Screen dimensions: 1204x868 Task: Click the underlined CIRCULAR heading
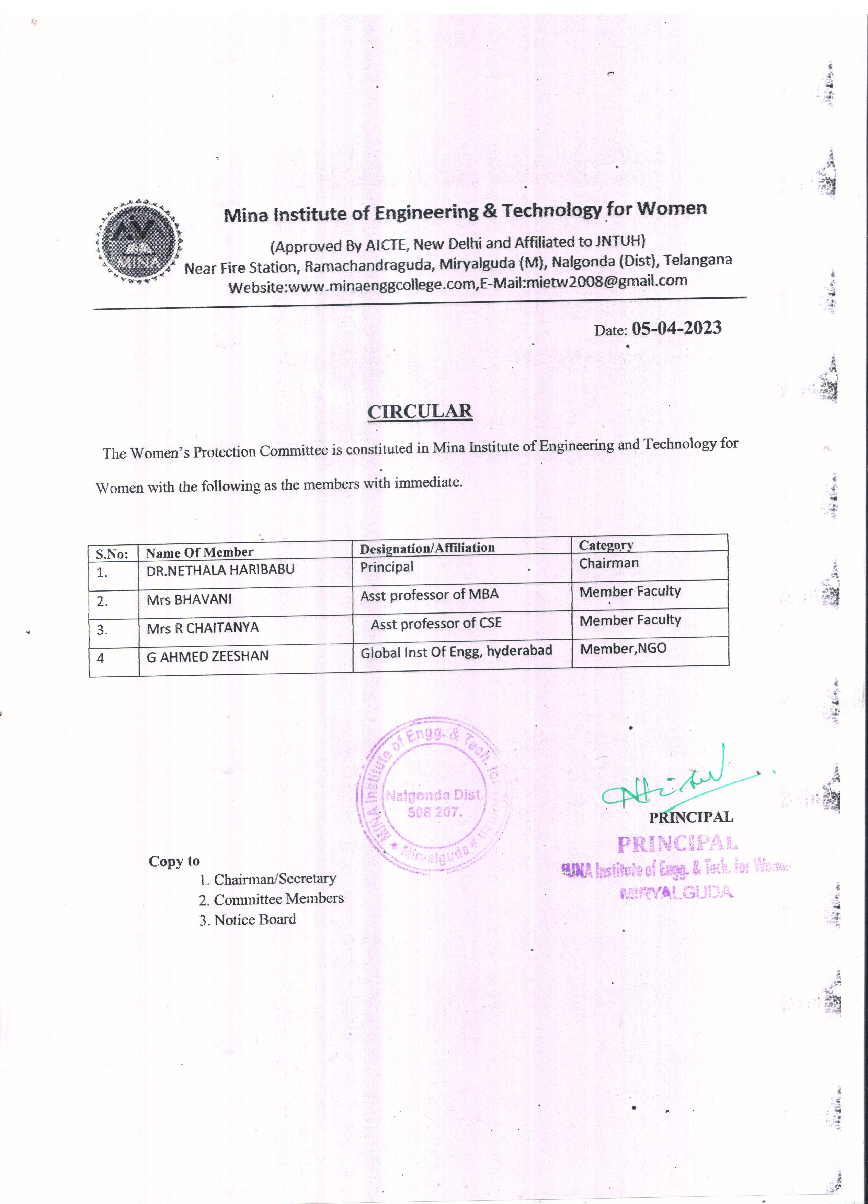(x=419, y=412)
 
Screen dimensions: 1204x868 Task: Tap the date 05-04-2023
(x=677, y=328)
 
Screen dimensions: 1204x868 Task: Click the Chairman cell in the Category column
(x=608, y=563)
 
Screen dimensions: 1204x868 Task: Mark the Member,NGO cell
(x=623, y=649)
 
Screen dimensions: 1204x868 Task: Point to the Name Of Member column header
(x=199, y=553)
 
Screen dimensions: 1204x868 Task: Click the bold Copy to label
(x=174, y=861)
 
